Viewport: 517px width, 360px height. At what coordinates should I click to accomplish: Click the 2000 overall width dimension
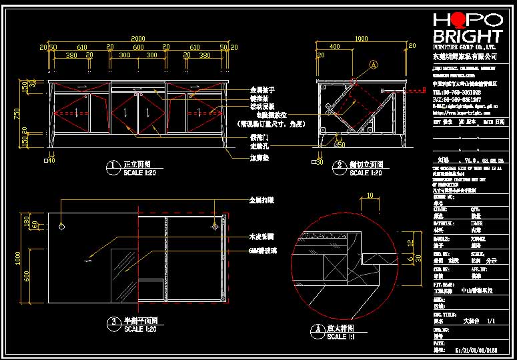tap(137, 38)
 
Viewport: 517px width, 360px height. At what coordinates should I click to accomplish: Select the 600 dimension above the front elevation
tap(137, 48)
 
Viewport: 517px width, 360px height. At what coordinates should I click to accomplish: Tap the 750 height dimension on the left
tap(17, 114)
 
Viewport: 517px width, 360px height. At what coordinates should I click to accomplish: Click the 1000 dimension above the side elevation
tap(360, 39)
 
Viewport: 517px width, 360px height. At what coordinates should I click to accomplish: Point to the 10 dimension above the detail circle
tap(370, 195)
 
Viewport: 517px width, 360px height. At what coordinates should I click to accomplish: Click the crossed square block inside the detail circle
tap(331, 265)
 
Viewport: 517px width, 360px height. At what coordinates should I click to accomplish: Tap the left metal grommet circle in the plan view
tap(61, 227)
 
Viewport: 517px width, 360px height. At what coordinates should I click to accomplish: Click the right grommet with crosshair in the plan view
tap(214, 227)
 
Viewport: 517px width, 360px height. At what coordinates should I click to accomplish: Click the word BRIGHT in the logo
tap(467, 35)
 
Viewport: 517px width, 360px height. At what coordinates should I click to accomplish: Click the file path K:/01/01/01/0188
tap(476, 349)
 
